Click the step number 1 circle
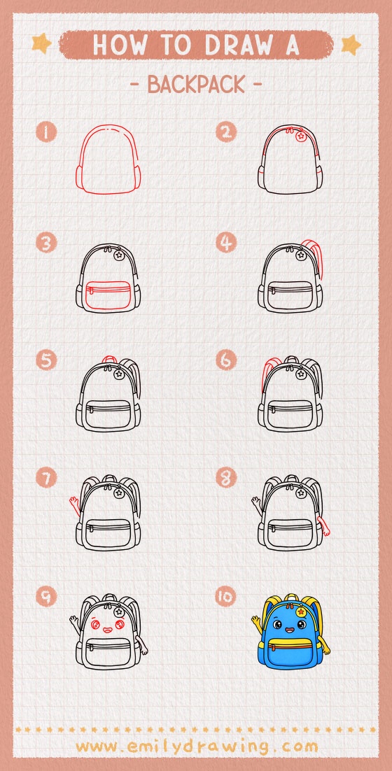46,132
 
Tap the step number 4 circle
225,243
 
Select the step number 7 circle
46,479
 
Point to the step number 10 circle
225,596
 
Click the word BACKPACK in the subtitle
196,85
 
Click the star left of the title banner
41,44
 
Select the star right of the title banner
350,44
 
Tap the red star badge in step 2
301,136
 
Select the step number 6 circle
225,360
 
